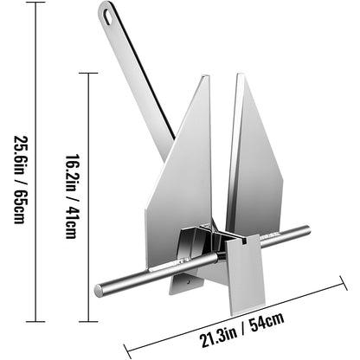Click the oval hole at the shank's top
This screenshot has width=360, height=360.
106,15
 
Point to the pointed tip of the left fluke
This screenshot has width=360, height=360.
207,78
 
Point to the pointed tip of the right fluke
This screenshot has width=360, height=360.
236,76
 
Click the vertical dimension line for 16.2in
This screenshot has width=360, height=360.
90,182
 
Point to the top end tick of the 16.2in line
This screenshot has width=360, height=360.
90,73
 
